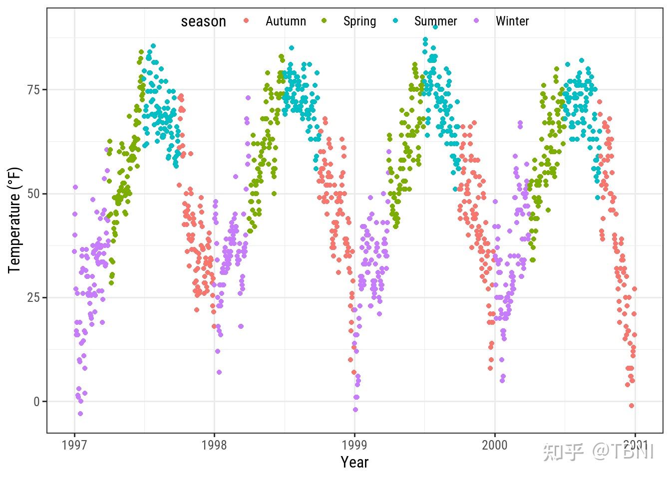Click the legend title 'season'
[x=203, y=21]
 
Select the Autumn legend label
[x=286, y=21]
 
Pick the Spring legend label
[x=359, y=21]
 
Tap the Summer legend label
[x=435, y=21]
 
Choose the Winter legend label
[x=512, y=21]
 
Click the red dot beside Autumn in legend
[x=246, y=21]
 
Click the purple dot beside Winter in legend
[x=476, y=21]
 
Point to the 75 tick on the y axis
[x=34, y=90]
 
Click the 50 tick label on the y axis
[x=34, y=194]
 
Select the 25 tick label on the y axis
[x=34, y=298]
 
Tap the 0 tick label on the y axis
[x=37, y=402]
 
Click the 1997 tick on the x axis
[x=74, y=445]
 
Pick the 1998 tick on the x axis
[x=215, y=445]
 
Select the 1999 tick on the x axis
[x=354, y=445]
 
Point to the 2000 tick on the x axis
[x=495, y=445]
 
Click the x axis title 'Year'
[x=354, y=463]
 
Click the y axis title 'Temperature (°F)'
[x=14, y=220]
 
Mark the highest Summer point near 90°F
[x=435, y=27]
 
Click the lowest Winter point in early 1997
[x=80, y=414]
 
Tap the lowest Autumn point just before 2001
[x=632, y=406]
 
